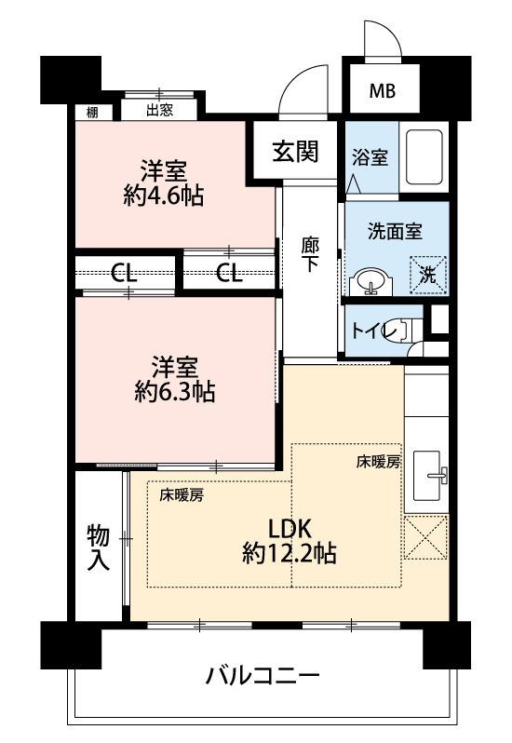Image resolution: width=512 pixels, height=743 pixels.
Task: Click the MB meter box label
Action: coord(383,90)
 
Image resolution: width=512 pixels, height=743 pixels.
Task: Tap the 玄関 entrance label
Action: coord(295,152)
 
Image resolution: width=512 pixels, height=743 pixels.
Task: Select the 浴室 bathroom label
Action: coord(370,157)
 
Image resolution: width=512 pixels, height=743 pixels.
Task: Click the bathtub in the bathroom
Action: coord(424,157)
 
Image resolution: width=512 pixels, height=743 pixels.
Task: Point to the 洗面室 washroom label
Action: coord(395,231)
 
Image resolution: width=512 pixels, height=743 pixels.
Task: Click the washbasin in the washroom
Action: coord(371,282)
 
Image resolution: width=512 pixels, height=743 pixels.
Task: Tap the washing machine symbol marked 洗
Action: coord(428,275)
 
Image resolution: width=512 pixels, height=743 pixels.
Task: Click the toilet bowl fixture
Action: coord(407,330)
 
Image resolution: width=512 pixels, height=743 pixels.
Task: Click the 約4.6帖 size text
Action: coord(164,196)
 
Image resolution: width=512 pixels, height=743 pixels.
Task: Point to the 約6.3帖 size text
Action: coord(175,392)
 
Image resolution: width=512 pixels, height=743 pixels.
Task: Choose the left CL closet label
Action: coord(124,273)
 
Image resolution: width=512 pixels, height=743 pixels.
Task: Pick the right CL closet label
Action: coord(229,273)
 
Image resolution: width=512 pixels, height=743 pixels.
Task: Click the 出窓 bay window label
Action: coord(159,111)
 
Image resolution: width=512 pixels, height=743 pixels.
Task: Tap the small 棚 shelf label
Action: coord(92,113)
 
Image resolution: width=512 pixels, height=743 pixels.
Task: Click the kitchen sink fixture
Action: coord(429,475)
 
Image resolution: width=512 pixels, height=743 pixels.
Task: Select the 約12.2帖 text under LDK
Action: coord(290,553)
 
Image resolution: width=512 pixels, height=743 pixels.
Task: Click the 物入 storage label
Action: coord(99,547)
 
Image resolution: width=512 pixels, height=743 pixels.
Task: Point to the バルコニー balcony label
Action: coord(263,676)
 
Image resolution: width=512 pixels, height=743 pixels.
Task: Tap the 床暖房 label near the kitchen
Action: coord(379,462)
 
